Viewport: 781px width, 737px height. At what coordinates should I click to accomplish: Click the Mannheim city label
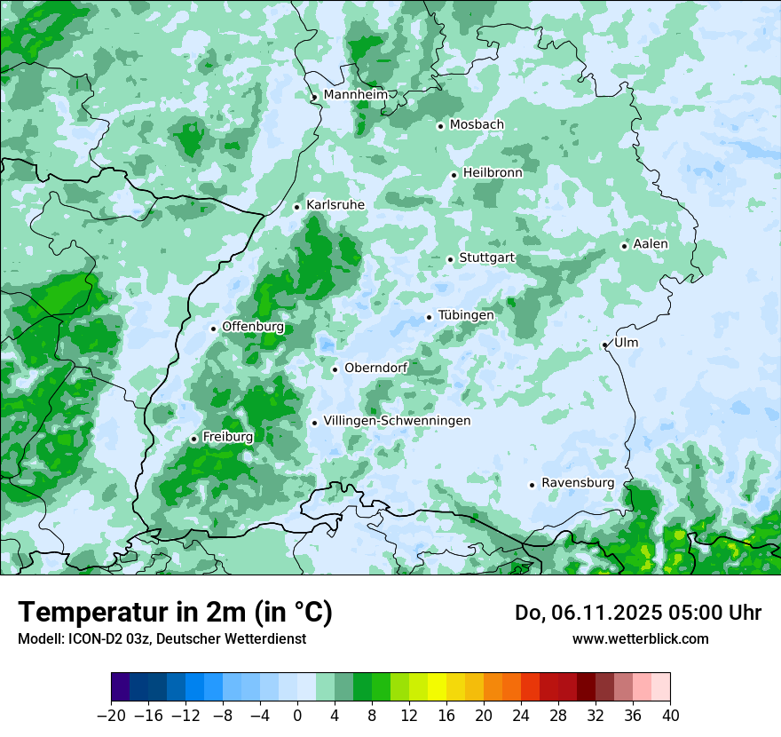coord(355,95)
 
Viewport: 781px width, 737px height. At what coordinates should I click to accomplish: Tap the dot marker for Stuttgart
coord(451,259)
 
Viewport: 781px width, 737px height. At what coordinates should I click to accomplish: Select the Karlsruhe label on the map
coord(335,205)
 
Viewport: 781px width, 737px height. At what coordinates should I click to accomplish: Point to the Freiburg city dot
coord(194,439)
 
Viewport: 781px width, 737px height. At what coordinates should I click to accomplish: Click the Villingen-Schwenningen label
coord(397,421)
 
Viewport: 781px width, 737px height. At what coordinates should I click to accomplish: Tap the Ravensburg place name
coord(578,483)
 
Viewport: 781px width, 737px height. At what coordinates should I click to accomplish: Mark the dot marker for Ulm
coord(605,345)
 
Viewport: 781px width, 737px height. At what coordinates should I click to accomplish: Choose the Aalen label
coord(651,244)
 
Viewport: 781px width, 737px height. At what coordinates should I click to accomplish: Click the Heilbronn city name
coord(493,173)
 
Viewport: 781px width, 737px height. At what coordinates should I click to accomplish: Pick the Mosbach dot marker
coord(440,126)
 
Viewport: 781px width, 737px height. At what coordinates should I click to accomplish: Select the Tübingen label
coord(466,315)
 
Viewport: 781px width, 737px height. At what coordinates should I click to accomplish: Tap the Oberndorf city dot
coord(335,369)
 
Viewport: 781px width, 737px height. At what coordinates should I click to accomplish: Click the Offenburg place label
coord(253,327)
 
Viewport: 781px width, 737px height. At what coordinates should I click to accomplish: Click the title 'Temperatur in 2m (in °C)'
coord(175,613)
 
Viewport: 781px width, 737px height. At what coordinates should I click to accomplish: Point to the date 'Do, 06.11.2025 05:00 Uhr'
coord(637,613)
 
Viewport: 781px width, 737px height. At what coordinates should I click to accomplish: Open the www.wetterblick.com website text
coord(640,639)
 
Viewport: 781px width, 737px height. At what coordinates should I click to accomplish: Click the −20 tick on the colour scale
coord(111,716)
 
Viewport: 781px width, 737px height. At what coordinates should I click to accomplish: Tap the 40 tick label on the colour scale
coord(670,716)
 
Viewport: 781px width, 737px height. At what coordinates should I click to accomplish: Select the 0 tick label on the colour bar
coord(297,716)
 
